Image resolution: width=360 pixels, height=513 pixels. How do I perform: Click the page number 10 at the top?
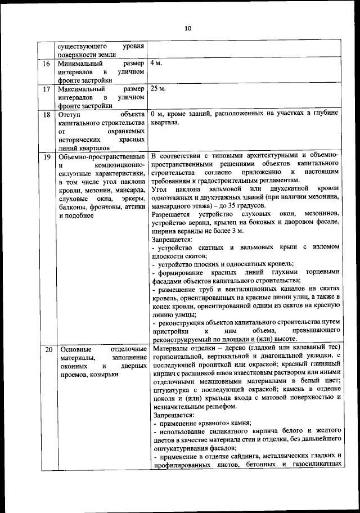[187, 29]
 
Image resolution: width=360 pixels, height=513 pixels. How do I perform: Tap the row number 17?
[47, 89]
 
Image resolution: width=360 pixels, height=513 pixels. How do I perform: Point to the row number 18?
[47, 115]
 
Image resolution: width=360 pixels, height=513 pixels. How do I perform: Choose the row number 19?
[47, 155]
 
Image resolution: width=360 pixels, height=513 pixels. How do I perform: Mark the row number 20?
[48, 350]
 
